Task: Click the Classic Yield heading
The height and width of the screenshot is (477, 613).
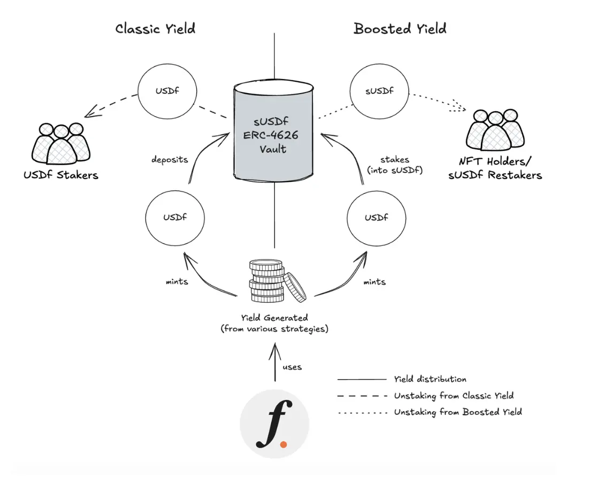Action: [155, 28]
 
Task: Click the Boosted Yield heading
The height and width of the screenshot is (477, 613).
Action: [400, 28]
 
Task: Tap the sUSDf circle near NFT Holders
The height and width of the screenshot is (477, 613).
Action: [380, 91]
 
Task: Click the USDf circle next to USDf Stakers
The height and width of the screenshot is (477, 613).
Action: [167, 91]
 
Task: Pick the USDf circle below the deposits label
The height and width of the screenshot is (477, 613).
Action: [175, 218]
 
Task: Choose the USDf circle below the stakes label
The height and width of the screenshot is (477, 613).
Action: [377, 218]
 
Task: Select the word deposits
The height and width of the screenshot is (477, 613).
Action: [169, 159]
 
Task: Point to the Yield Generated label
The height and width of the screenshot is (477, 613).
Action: [274, 324]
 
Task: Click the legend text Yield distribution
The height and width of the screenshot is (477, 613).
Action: [430, 379]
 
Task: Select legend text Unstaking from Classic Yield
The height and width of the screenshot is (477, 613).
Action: [454, 396]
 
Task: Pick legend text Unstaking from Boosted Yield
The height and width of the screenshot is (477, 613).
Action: [457, 412]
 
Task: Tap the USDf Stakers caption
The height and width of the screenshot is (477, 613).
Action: [60, 175]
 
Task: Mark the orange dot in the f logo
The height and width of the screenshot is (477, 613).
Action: [283, 444]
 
